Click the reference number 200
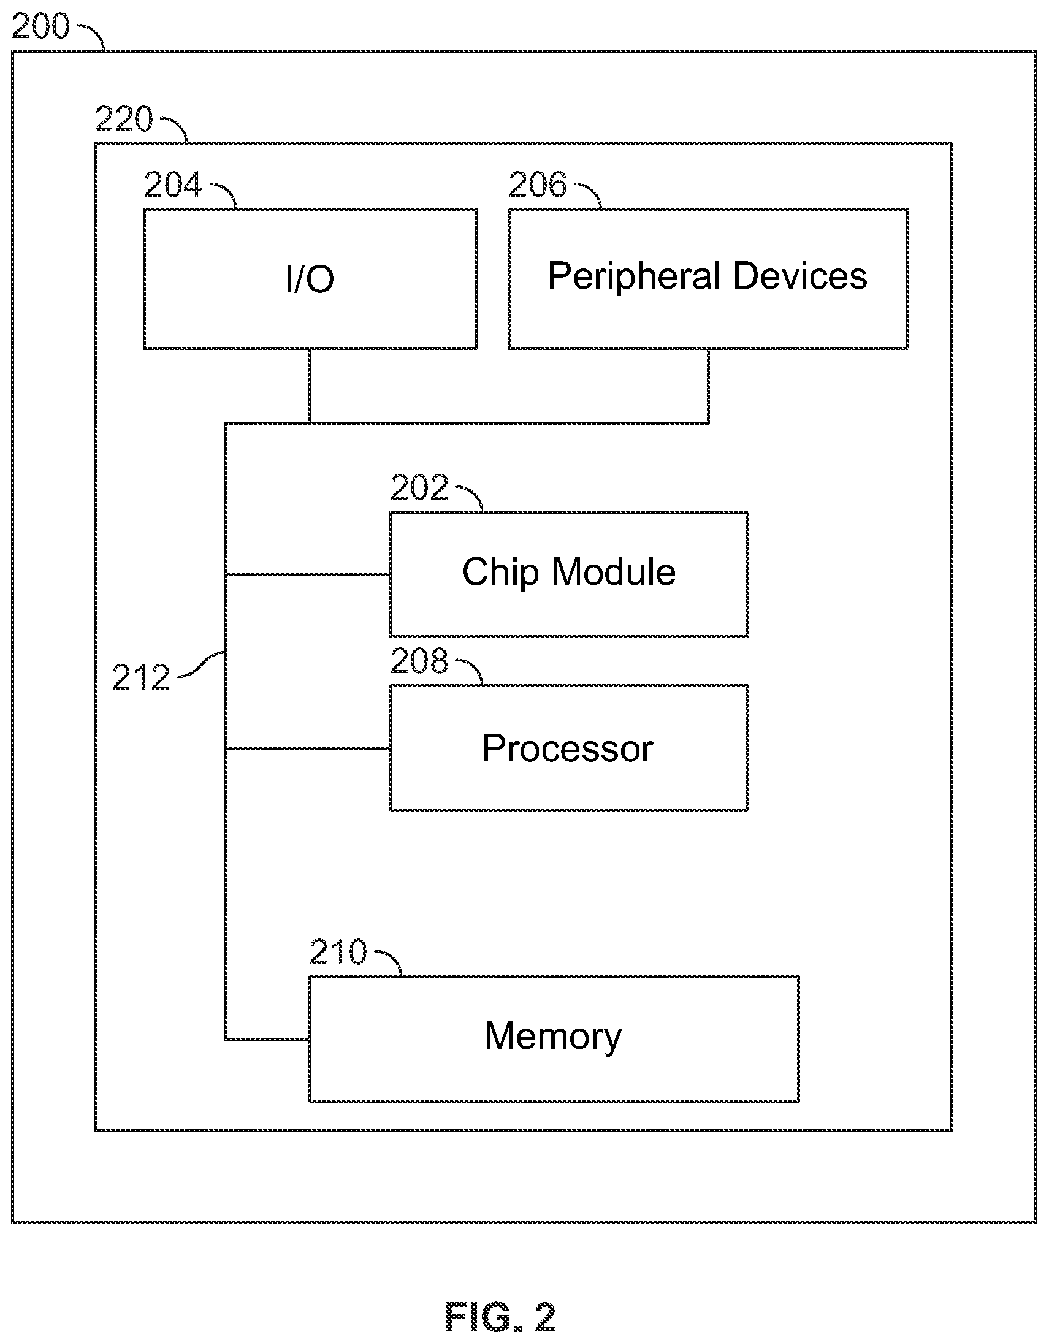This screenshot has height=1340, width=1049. [40, 26]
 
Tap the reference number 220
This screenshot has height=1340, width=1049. [124, 119]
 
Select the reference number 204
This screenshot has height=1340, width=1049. [172, 185]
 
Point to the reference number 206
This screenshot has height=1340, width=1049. [538, 185]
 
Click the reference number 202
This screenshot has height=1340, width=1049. [419, 487]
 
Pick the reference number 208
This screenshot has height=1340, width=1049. [419, 661]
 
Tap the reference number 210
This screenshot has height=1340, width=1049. [338, 952]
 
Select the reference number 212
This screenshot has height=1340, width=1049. [140, 677]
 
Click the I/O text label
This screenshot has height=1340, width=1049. [310, 280]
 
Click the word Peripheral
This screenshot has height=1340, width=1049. [635, 277]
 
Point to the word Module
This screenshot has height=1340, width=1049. [614, 572]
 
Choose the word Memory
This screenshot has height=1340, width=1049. [553, 1037]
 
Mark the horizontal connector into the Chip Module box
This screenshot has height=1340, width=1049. [308, 575]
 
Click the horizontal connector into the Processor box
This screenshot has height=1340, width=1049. [308, 748]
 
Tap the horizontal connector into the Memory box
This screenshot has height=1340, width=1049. [267, 1039]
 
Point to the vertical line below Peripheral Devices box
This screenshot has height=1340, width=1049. [708, 386]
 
